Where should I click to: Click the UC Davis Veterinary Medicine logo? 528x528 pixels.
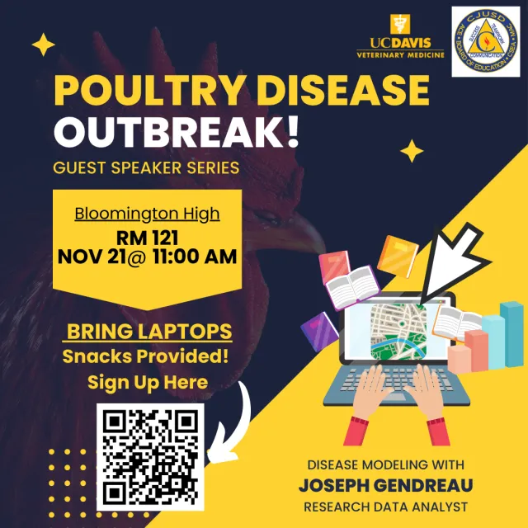click(400, 38)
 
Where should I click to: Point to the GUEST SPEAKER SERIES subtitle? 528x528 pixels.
click(146, 168)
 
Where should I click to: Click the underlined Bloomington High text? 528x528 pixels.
click(147, 214)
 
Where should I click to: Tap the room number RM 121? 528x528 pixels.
click(147, 237)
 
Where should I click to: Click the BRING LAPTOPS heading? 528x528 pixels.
click(148, 332)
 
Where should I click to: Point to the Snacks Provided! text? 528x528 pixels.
click(145, 356)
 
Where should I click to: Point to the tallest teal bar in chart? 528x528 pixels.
click(512, 334)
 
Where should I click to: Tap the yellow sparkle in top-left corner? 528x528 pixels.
click(43, 45)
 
